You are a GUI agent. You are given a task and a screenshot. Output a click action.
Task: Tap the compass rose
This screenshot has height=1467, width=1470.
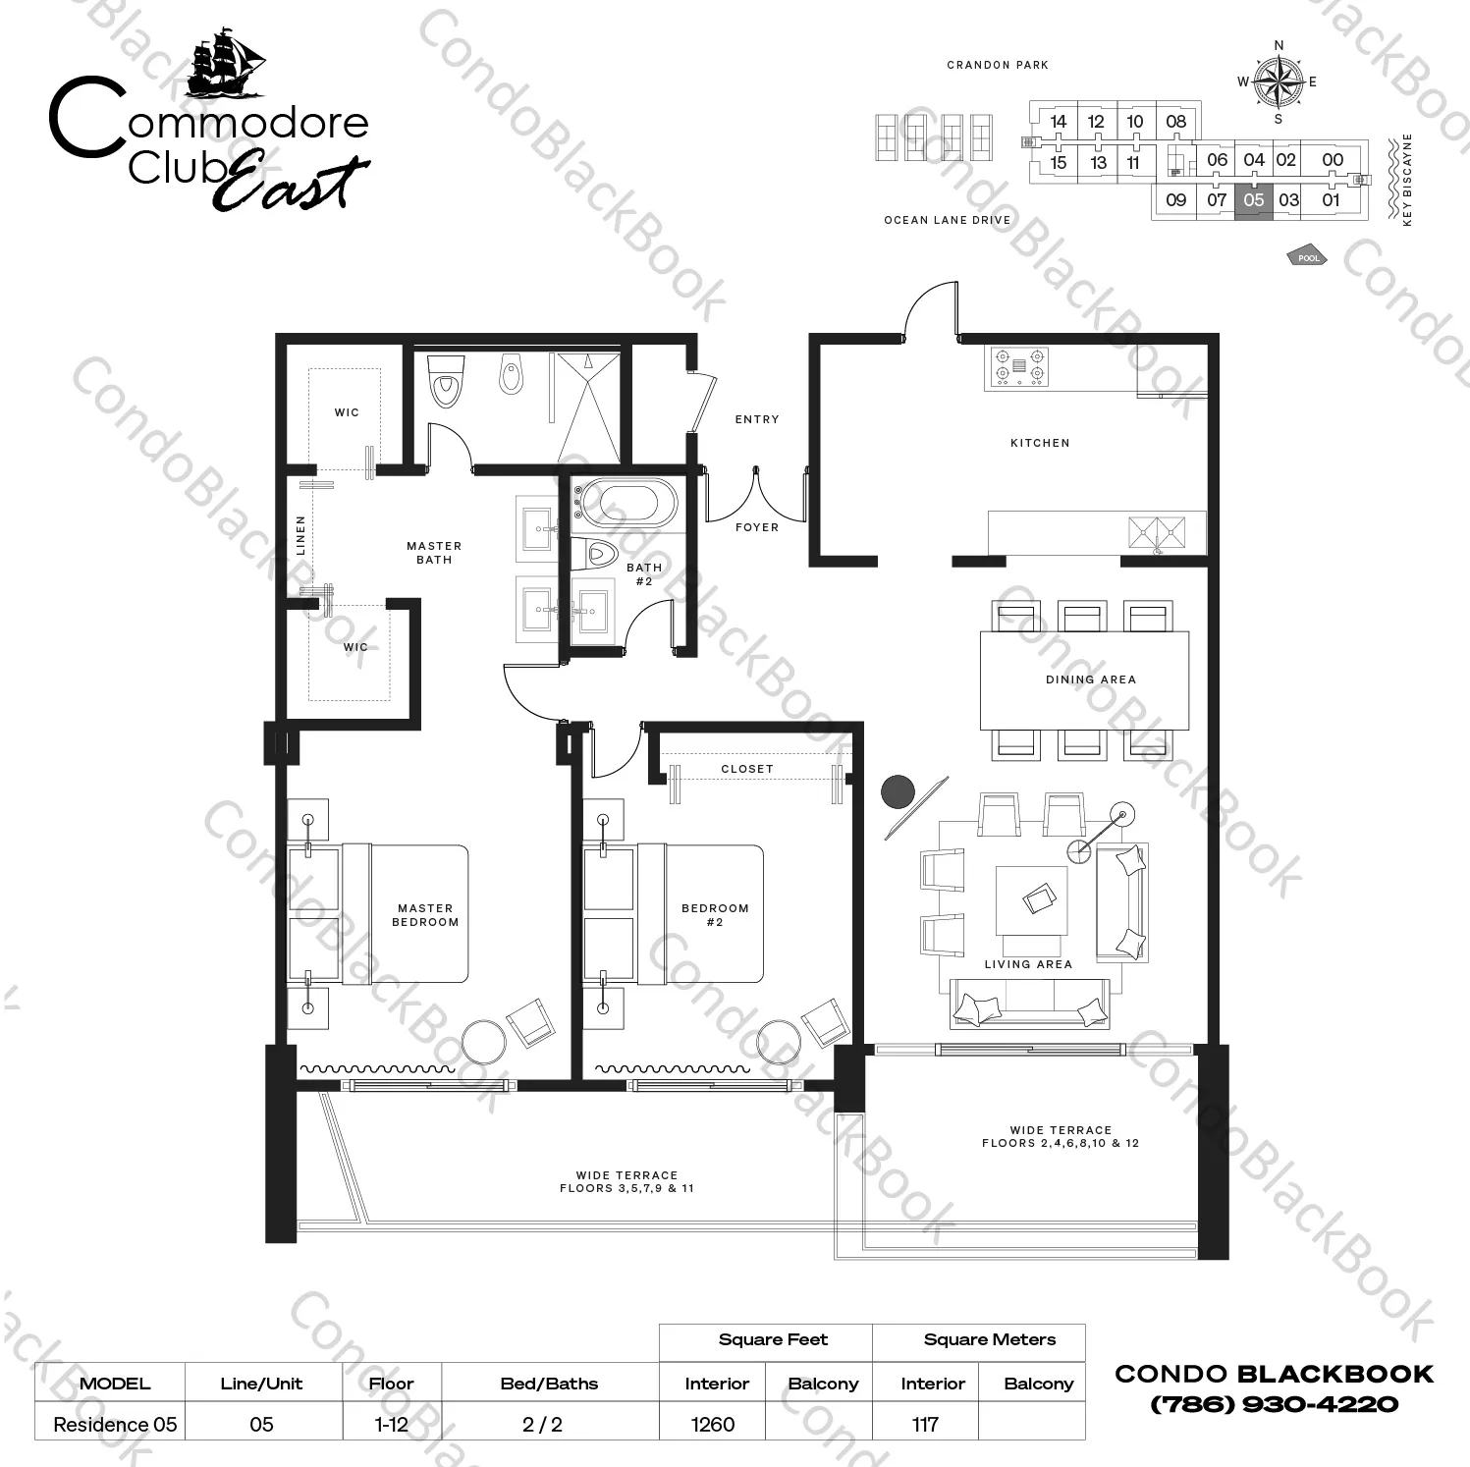1279,81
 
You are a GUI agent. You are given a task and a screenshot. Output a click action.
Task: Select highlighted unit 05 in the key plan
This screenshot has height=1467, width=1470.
1254,199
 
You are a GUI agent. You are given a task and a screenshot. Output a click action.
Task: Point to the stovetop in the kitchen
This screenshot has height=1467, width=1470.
1018,366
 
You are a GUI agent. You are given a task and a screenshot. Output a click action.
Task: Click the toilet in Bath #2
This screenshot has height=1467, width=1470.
597,553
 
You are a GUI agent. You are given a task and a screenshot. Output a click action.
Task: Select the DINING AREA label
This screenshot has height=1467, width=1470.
1091,679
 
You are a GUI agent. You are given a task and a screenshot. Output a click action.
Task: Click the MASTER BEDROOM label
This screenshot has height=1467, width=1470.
425,915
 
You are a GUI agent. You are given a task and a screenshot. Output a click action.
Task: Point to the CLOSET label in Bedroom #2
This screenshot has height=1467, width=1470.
747,769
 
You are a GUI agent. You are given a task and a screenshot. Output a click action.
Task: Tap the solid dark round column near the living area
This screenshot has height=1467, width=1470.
898,791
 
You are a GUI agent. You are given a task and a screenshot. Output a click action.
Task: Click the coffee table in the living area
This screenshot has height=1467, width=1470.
1030,899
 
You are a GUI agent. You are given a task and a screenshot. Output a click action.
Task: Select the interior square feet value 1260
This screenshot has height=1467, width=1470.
713,1424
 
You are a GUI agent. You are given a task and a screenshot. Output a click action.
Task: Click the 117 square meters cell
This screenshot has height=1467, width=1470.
925,1424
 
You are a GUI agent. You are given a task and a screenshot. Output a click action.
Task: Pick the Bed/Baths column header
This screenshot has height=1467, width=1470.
549,1384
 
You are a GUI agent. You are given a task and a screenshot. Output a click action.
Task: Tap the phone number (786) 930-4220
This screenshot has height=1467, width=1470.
1274,1404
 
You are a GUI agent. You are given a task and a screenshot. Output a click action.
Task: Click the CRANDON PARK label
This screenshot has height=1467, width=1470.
998,65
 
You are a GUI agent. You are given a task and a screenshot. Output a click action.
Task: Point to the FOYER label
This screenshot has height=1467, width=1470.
757,527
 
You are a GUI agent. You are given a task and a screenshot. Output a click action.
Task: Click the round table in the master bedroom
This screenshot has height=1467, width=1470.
483,1042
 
